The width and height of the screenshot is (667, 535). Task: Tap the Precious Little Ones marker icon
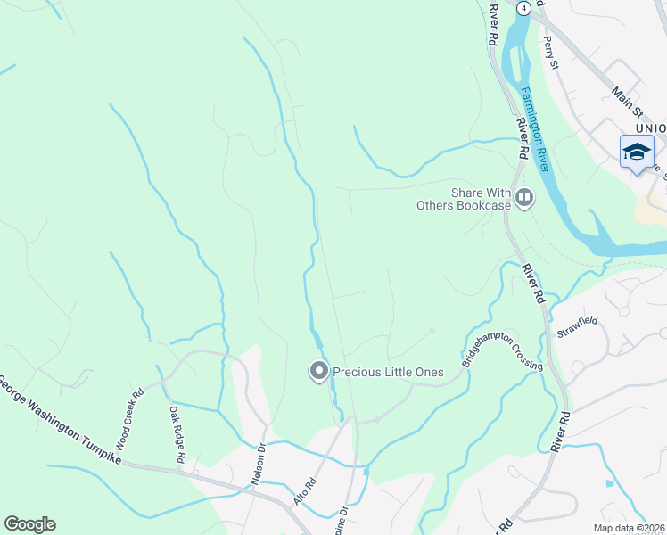pyautogui.click(x=318, y=372)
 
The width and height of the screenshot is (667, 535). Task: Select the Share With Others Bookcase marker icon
pyautogui.click(x=523, y=197)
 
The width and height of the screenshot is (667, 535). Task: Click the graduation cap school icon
pyautogui.click(x=637, y=151)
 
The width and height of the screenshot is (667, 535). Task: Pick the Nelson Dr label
pyautogui.click(x=259, y=464)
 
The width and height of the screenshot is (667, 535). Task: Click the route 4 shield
pyautogui.click(x=524, y=7)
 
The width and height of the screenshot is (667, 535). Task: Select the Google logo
pyautogui.click(x=29, y=524)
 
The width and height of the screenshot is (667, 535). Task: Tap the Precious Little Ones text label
pyautogui.click(x=388, y=372)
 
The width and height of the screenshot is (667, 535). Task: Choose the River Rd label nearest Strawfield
pyautogui.click(x=532, y=283)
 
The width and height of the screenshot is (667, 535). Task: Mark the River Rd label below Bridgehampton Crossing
pyautogui.click(x=559, y=431)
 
